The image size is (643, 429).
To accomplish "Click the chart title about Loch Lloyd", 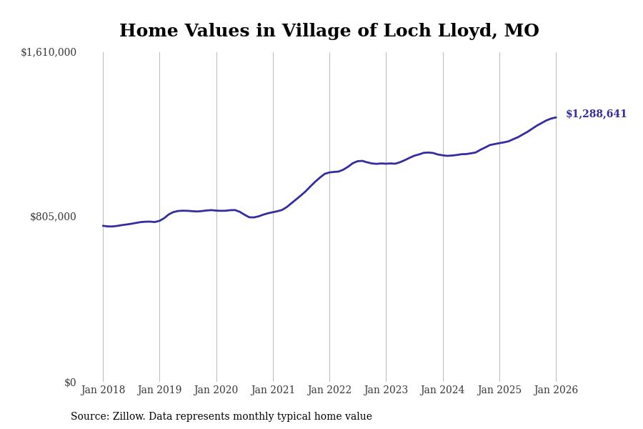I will [x=329, y=31].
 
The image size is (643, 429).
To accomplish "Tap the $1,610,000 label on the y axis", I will [x=49, y=52].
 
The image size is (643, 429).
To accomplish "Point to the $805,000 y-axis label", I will [x=53, y=217].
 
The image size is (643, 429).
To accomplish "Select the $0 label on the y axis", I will [x=70, y=383].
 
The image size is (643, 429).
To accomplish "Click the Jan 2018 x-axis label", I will [x=103, y=390].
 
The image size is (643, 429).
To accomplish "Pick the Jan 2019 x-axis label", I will [x=159, y=390].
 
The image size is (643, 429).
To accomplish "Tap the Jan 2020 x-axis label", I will [x=216, y=390].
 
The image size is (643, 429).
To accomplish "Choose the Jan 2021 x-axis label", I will [x=273, y=390].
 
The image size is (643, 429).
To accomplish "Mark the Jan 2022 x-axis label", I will [x=329, y=390].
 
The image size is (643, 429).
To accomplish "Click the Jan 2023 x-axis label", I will [x=386, y=390].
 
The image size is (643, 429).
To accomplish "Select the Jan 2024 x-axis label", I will [x=442, y=390].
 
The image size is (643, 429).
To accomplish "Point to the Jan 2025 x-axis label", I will [x=499, y=390].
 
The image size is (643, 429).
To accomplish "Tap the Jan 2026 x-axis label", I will [x=556, y=390].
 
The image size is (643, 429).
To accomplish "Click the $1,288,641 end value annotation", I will [x=596, y=114].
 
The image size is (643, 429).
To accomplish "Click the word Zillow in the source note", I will [x=129, y=417].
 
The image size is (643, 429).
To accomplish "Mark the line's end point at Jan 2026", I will [x=556, y=117].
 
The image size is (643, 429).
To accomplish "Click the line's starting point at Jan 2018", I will [x=103, y=226].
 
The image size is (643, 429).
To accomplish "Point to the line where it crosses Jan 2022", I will [x=329, y=172].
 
